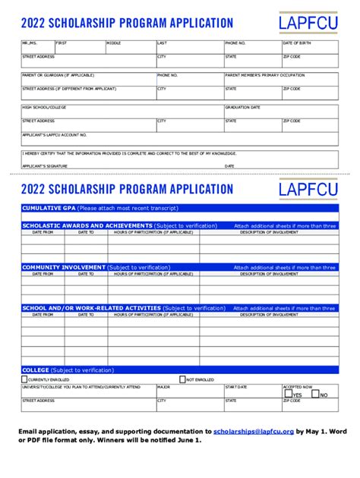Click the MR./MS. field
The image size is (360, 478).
(x=37, y=48)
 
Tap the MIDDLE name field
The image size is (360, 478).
(x=130, y=48)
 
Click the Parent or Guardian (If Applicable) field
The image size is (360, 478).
(x=88, y=80)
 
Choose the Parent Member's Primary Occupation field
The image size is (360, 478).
(x=281, y=80)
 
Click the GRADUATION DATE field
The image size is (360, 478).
(x=281, y=112)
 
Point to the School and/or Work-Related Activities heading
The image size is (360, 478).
(x=91, y=308)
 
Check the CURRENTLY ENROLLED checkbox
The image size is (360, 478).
(x=24, y=379)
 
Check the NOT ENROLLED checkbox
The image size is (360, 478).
(x=182, y=379)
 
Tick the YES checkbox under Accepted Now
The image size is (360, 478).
(x=288, y=394)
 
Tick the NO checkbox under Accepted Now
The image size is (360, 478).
(x=315, y=394)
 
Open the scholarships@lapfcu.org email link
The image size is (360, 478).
(x=254, y=430)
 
